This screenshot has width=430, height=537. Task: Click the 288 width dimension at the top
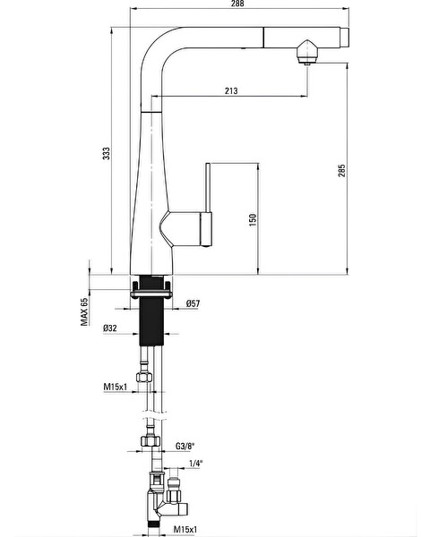(237, 4)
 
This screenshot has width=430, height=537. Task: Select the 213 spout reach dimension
(231, 90)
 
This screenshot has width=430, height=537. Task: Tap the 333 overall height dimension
(107, 153)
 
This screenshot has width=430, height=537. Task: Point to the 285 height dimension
(342, 171)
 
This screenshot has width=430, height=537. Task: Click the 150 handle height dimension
(253, 220)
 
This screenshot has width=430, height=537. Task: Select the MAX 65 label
(84, 311)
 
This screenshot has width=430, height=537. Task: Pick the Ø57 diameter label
(193, 303)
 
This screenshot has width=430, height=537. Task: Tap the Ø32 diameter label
(109, 328)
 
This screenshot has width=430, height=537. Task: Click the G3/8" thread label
(185, 447)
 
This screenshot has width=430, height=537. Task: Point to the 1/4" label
(196, 464)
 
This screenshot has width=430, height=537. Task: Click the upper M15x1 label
(116, 387)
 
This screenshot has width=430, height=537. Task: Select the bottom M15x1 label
(185, 530)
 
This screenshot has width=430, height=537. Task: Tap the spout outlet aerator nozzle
(307, 52)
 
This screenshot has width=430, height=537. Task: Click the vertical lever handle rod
(208, 187)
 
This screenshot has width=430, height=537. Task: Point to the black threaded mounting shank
(151, 310)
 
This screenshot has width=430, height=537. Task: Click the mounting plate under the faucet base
(150, 294)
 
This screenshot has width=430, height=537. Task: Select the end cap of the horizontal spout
(345, 37)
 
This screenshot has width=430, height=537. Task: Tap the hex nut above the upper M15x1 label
(144, 377)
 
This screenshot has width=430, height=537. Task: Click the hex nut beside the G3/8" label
(150, 440)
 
